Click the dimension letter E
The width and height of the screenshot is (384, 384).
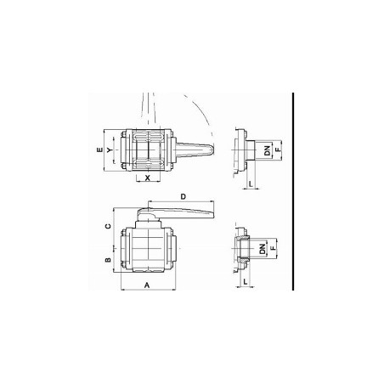tap(99, 150)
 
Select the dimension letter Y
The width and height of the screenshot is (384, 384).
tap(110, 150)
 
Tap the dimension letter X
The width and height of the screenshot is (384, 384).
tap(147, 178)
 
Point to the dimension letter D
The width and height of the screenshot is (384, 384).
tap(184, 196)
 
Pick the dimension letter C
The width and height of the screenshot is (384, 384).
tap(108, 226)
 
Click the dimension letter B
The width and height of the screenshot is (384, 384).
tap(108, 260)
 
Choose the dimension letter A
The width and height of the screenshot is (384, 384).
tap(147, 285)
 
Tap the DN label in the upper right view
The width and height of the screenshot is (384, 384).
tap(267, 150)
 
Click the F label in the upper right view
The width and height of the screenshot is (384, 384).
tap(279, 149)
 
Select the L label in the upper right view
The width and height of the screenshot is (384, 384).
tap(251, 184)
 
